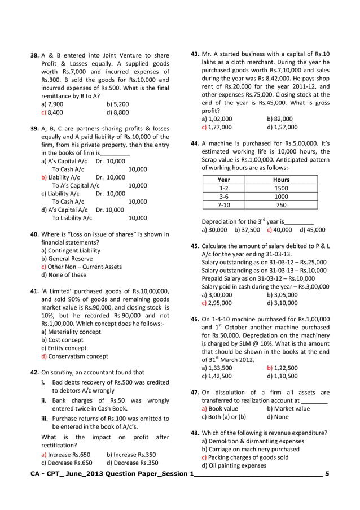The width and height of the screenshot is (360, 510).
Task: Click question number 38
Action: [x=34, y=56]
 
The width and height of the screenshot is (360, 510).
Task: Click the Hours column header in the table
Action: [x=280, y=180]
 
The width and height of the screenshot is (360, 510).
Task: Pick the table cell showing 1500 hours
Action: [x=280, y=188]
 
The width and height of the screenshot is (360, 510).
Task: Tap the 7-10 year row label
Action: [x=223, y=205]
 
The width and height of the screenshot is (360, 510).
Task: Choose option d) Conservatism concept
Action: [x=74, y=356]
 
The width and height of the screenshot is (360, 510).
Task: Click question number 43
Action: [x=195, y=55]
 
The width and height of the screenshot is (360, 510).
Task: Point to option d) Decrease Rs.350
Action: [x=132, y=462]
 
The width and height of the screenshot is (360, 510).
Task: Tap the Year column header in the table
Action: [x=223, y=180]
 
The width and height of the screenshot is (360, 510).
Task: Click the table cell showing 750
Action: [x=280, y=205]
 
